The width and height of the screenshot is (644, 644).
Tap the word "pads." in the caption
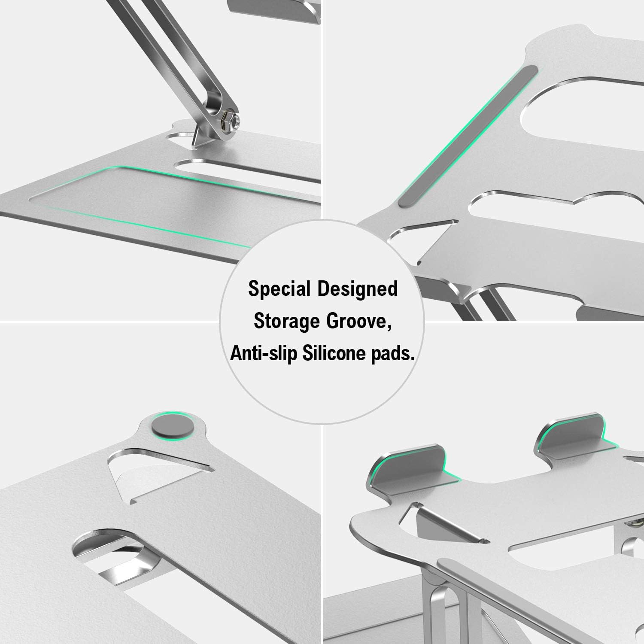(392, 353)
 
